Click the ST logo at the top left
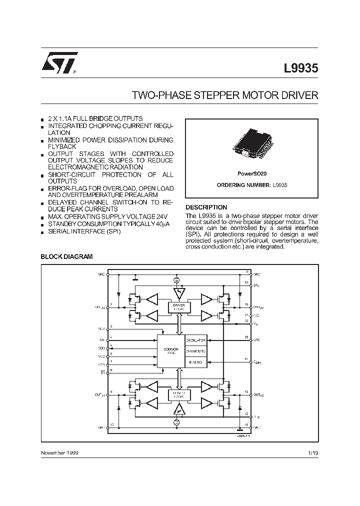pos(59,64)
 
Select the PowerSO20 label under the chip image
pos(251,173)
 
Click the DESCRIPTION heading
pos(206,207)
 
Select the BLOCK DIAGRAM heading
pos(66,256)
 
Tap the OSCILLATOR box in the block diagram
pos(196,340)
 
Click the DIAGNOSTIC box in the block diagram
pos(196,350)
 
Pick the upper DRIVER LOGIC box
pos(179,306)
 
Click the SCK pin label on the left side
pos(102,328)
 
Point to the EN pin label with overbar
pos(102,372)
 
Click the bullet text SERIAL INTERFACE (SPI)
pos(84,231)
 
